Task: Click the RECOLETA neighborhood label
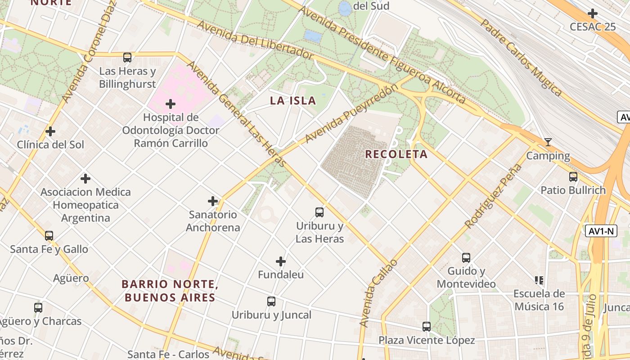point(396,154)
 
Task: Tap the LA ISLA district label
point(293,101)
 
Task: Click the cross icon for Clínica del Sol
point(50,131)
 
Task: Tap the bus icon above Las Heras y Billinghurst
point(127,58)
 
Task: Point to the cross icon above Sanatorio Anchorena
point(213,201)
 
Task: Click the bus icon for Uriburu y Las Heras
point(319,212)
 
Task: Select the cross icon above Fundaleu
point(281,261)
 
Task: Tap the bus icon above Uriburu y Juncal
point(271,301)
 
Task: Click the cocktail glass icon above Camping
point(548,143)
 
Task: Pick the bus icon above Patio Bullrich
point(573,177)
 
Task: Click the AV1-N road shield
point(601,231)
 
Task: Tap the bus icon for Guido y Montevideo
point(466,258)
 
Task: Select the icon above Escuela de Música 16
point(539,280)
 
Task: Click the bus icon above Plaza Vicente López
point(427,327)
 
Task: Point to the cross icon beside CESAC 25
point(593,13)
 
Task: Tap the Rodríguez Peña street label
point(494,196)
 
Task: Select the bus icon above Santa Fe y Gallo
point(49,235)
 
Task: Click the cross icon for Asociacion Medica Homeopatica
point(85,179)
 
